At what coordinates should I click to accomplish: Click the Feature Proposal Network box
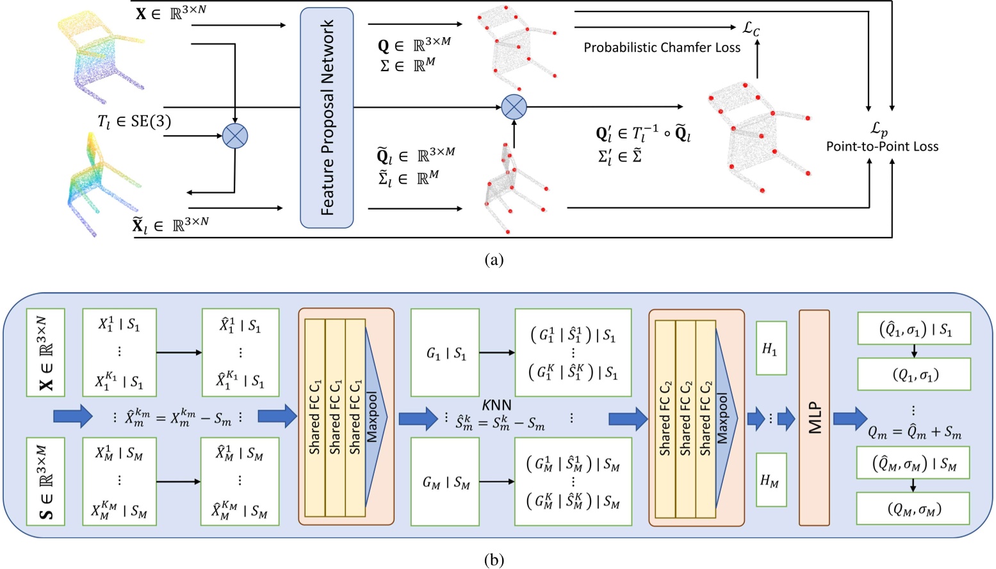327,118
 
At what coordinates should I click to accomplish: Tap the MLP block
814,418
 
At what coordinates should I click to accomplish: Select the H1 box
771,348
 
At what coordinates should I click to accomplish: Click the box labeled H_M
771,480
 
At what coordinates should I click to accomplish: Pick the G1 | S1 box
445,352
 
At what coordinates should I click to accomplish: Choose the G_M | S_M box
445,482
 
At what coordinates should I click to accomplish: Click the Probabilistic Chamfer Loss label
661,47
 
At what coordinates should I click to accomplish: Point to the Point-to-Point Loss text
882,146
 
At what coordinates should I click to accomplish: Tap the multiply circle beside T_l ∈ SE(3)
234,136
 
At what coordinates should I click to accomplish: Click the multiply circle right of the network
514,107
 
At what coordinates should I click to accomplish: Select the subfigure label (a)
494,260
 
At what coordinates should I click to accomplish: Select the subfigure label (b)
494,559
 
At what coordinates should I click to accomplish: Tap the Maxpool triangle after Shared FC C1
375,417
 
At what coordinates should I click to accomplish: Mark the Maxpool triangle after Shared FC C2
725,418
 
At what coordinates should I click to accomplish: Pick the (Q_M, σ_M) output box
913,509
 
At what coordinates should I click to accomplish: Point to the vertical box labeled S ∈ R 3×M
45,481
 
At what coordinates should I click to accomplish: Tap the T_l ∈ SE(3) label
134,121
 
